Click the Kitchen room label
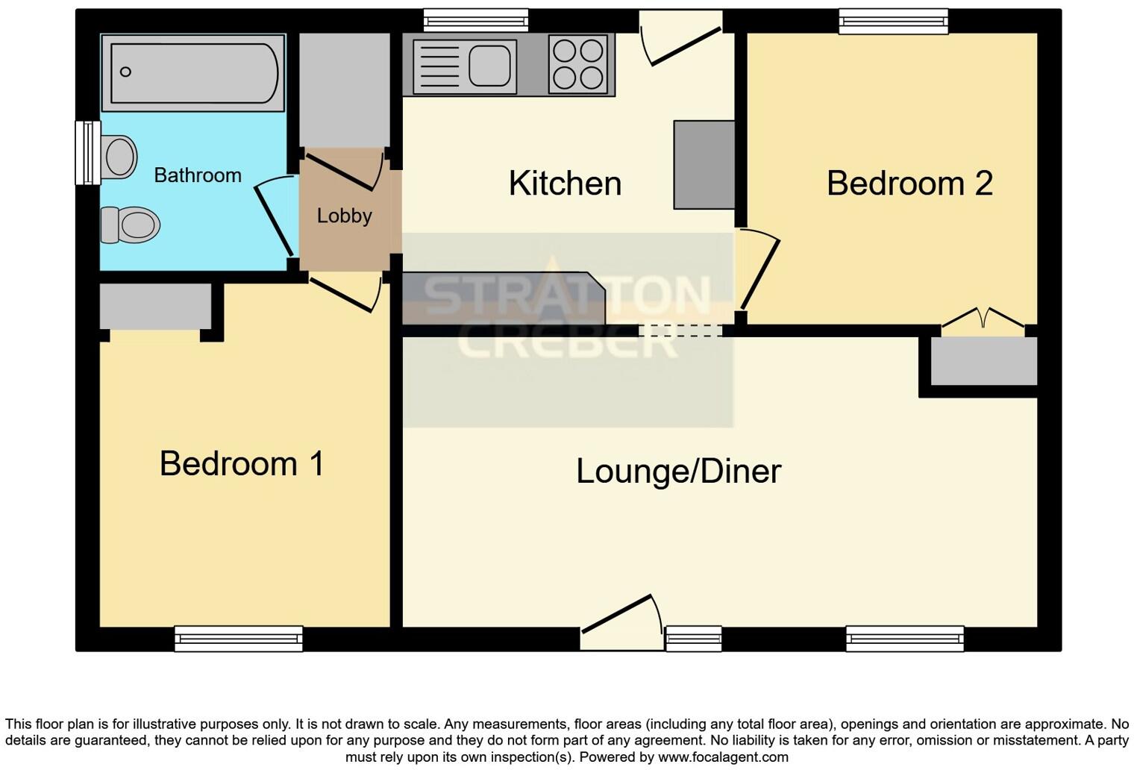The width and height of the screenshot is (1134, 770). pyautogui.click(x=565, y=184)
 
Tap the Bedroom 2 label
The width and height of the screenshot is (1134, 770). pyautogui.click(x=909, y=184)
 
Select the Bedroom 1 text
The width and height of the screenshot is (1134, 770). pyautogui.click(x=242, y=463)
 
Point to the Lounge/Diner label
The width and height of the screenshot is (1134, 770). pyautogui.click(x=678, y=472)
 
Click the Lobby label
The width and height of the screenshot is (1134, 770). pyautogui.click(x=344, y=216)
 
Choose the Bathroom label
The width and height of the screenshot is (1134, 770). pyautogui.click(x=198, y=175)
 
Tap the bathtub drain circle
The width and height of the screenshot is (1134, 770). pyautogui.click(x=125, y=72)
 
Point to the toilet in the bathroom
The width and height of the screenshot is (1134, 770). pyautogui.click(x=131, y=225)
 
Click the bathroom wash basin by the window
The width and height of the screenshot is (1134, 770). pyautogui.click(x=119, y=157)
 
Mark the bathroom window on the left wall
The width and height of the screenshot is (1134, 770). pyautogui.click(x=87, y=152)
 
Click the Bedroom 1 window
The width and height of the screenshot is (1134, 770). pyautogui.click(x=239, y=638)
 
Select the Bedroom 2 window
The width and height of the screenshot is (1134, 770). pyautogui.click(x=893, y=21)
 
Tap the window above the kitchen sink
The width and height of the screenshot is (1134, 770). pyautogui.click(x=476, y=20)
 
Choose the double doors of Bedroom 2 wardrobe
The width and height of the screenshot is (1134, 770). pyautogui.click(x=983, y=319)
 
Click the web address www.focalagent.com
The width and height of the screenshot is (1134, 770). pyautogui.click(x=723, y=757)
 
